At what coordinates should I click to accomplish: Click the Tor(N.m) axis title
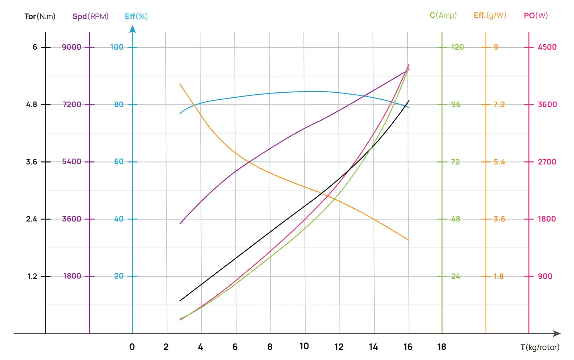pos(40,16)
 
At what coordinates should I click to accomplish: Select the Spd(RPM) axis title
pos(90,16)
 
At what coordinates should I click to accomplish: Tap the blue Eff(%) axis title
pos(136,16)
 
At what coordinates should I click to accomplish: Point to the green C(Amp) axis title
pos(443,15)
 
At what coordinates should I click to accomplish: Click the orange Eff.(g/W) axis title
pos(490,15)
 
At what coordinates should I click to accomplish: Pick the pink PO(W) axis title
pos(536,16)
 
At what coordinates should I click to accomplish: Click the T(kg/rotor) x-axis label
pos(539,347)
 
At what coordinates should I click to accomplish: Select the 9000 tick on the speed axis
pos(72,47)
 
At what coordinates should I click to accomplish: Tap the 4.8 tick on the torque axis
pos(32,104)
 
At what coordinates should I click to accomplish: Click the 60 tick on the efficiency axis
pos(119,161)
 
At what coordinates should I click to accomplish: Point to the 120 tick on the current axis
pos(457,47)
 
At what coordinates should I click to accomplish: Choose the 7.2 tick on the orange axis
pos(499,104)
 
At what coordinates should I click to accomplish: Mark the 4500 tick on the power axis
pos(547,47)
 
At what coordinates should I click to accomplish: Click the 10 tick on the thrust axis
pos(304,346)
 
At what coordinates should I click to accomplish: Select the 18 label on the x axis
pos(441,347)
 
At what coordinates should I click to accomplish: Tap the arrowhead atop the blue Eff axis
pos(133,29)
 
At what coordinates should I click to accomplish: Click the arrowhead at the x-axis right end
pos(557,333)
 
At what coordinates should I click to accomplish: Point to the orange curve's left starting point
pos(180,84)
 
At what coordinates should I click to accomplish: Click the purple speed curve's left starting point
pos(180,224)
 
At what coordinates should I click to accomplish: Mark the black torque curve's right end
pos(409,101)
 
